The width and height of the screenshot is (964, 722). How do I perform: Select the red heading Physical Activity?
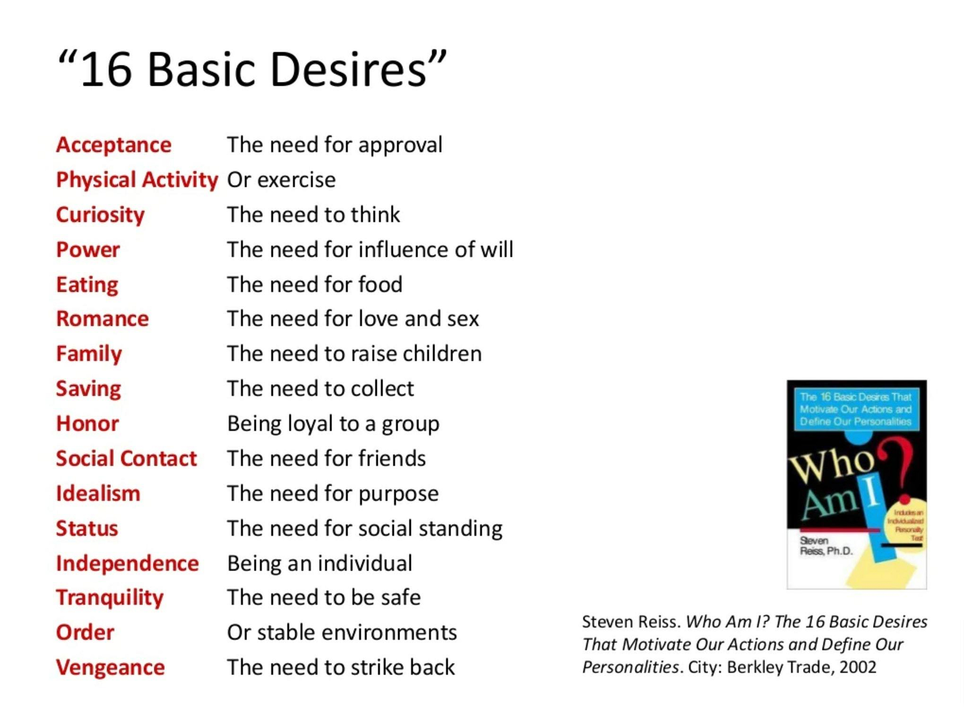pos(137,180)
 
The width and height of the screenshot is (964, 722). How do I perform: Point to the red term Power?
pos(88,250)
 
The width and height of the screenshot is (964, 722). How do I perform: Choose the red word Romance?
pos(102,319)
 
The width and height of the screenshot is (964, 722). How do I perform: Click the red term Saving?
pos(88,389)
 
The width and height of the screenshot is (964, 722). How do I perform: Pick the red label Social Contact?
pos(126,458)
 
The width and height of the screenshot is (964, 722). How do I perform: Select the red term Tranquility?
pos(110,598)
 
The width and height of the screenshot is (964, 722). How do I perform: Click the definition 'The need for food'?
pos(315,284)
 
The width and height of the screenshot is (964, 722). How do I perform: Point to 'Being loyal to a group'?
pos(334,424)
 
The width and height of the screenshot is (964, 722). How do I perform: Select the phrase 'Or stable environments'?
pos(342,632)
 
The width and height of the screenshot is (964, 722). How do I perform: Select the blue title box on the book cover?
pos(856,409)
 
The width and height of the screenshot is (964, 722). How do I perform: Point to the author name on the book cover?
pos(826,546)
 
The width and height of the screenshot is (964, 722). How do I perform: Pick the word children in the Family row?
pos(442,354)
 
